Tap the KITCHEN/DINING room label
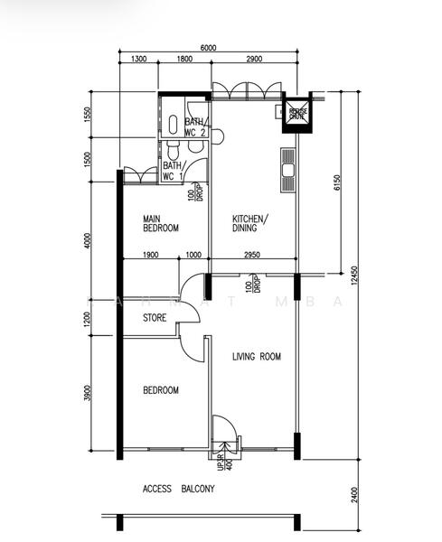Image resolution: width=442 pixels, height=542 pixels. click(x=250, y=223)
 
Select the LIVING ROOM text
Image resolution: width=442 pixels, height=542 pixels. click(x=257, y=357)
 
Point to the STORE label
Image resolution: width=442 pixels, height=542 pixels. click(x=155, y=318)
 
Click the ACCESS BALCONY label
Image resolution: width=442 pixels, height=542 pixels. click(x=179, y=489)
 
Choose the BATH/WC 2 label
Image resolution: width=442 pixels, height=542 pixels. click(x=196, y=127)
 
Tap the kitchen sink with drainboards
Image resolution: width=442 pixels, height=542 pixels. click(x=288, y=170)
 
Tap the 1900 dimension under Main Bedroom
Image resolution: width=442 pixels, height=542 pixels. click(x=150, y=256)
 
